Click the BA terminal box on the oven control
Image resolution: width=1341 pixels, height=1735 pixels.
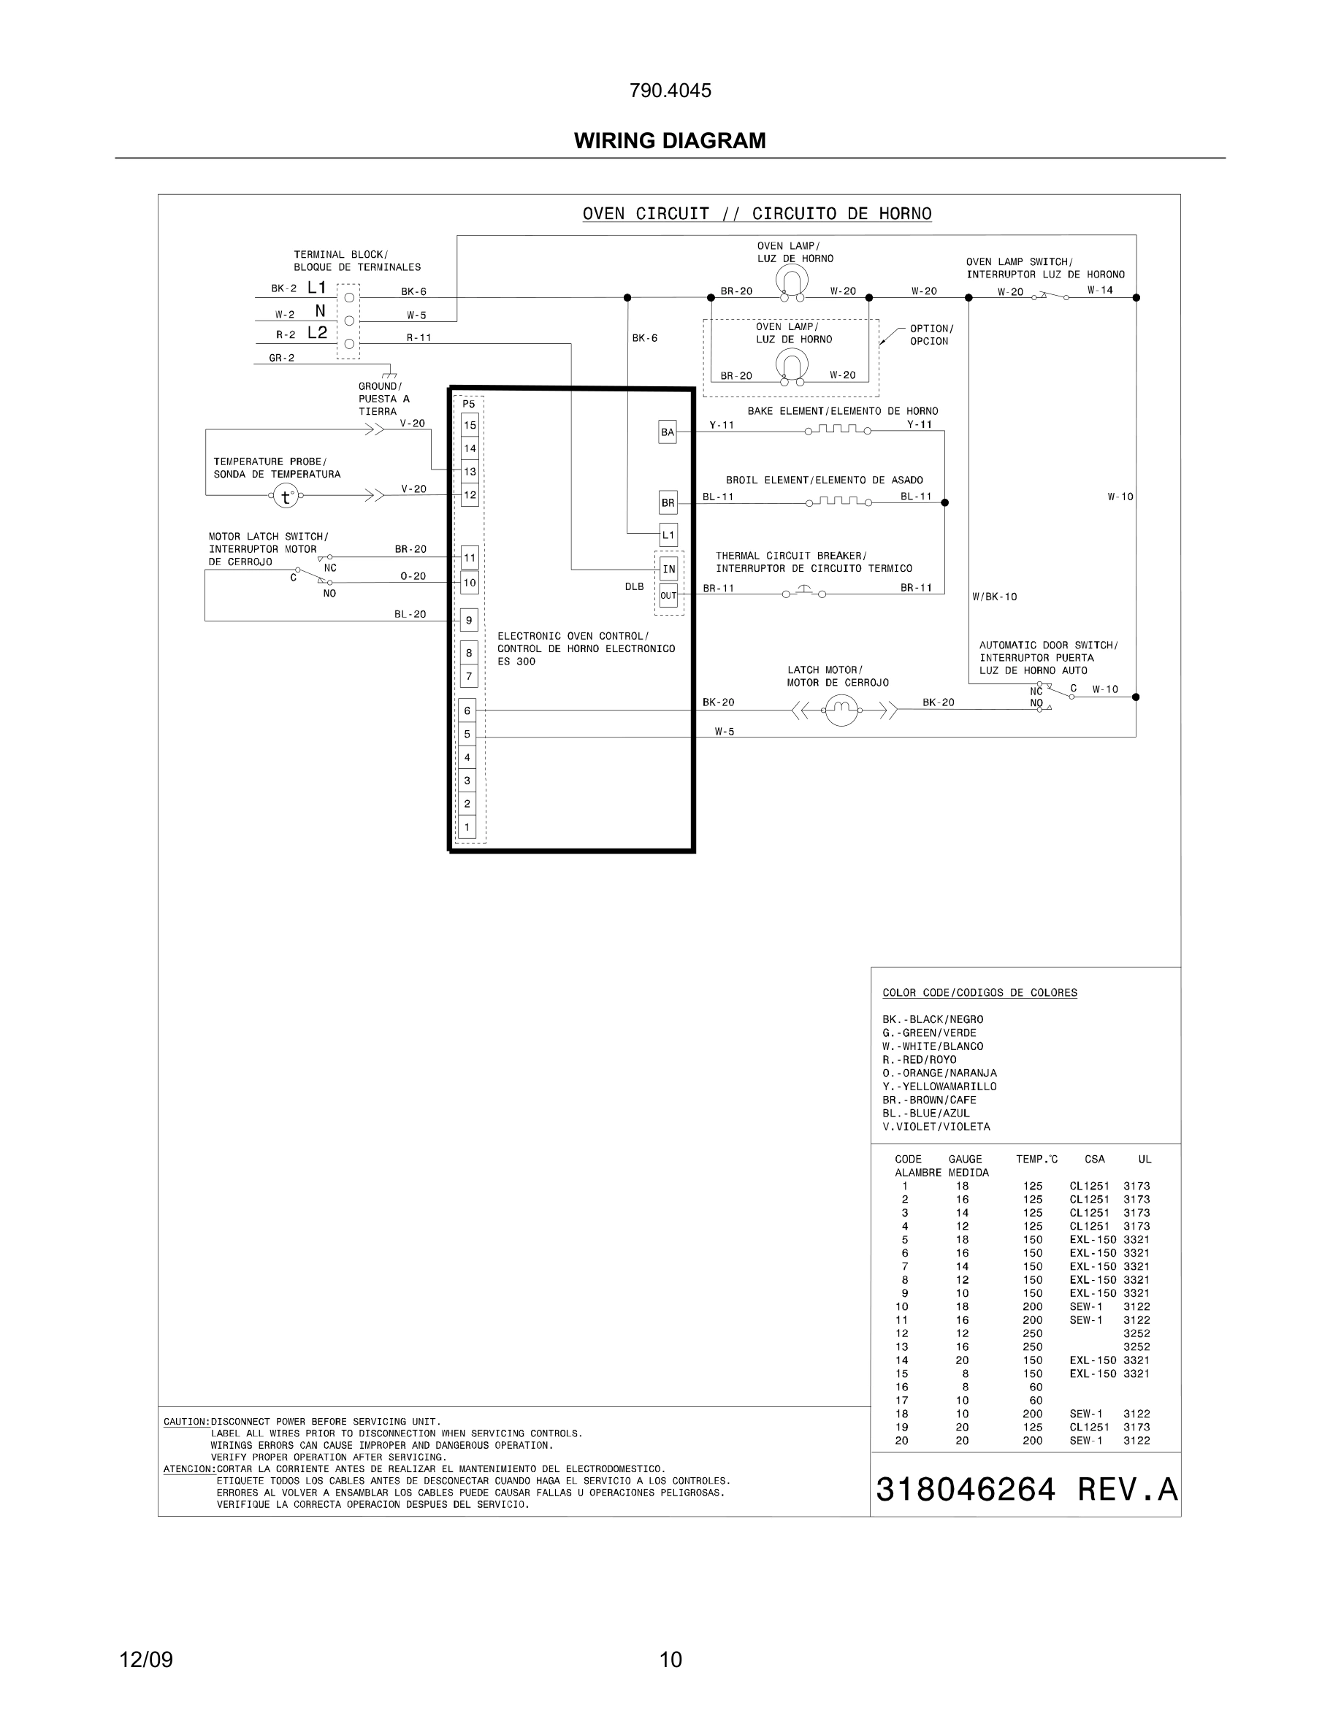[x=668, y=432]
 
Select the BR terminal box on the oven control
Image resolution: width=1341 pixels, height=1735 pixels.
[x=668, y=502]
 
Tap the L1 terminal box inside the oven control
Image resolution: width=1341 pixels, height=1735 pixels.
[x=668, y=535]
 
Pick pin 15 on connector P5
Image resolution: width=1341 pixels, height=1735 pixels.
[x=470, y=425]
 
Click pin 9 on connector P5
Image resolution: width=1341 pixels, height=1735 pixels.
[x=469, y=621]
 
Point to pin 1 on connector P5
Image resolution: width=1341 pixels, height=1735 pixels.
[x=467, y=827]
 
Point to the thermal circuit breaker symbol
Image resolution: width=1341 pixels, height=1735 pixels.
[x=803, y=591]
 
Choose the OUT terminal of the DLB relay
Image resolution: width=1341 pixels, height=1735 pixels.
[x=668, y=595]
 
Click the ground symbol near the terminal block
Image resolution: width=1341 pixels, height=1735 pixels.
[x=389, y=374]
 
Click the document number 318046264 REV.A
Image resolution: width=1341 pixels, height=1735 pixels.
[x=1026, y=1489]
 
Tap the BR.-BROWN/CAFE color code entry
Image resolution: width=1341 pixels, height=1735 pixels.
[x=928, y=1100]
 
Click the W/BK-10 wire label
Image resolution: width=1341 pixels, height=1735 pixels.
[x=994, y=597]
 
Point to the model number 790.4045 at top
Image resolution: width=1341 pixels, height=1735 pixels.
[x=670, y=91]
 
